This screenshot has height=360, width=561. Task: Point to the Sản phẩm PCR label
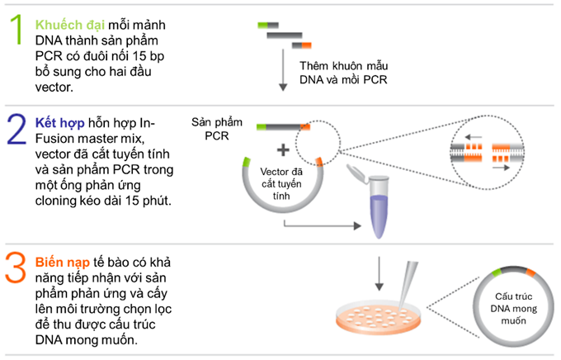pyautogui.click(x=219, y=127)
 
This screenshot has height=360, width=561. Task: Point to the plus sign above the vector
pyautogui.click(x=282, y=149)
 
